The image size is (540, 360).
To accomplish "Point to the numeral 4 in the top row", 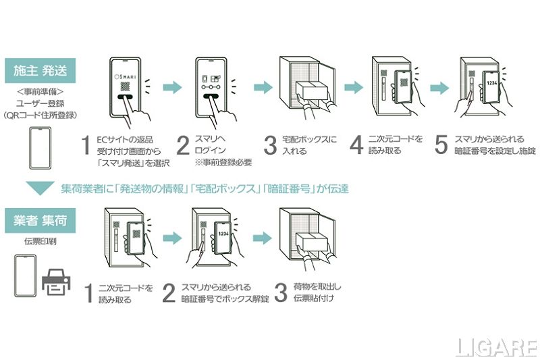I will coord(356,145).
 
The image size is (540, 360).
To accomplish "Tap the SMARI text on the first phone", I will coord(127,72).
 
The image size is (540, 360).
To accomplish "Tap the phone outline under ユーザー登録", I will coord(40,149).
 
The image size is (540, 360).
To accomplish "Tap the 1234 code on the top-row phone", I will coord(492,84).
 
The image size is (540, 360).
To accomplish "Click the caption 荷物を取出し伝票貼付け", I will coord(314,292).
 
